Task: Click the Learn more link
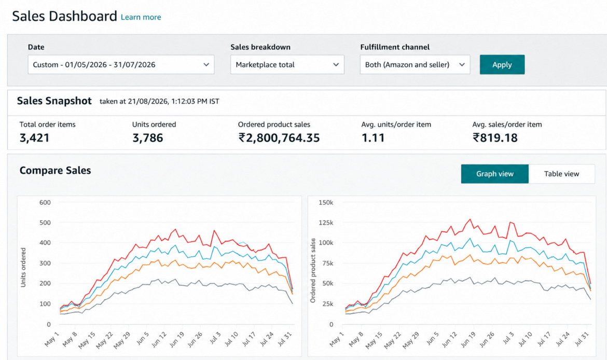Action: [141, 17]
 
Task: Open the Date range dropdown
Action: [121, 65]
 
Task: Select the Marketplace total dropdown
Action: [287, 65]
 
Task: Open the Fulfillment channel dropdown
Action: [415, 65]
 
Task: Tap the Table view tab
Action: [561, 174]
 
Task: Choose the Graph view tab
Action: [495, 174]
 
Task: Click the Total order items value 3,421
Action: [34, 138]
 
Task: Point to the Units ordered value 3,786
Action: [147, 138]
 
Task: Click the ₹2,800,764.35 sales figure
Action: [279, 138]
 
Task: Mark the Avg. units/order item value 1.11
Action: [373, 138]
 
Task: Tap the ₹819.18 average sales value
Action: [495, 138]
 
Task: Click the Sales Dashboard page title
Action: [65, 16]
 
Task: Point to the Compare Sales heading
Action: [56, 171]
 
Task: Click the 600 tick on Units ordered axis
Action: [45, 202]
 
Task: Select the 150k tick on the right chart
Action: [326, 202]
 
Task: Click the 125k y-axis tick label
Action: [326, 223]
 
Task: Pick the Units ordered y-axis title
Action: [23, 268]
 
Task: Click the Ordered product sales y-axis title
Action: [313, 270]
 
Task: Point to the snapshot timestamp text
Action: [159, 102]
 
